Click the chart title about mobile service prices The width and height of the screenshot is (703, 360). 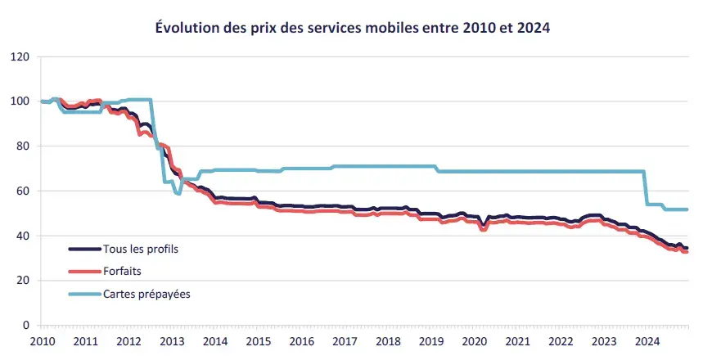click(x=352, y=27)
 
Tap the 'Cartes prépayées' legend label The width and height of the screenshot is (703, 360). click(x=146, y=293)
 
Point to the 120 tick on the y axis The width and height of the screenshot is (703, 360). click(x=20, y=57)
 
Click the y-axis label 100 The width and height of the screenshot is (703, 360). click(x=20, y=101)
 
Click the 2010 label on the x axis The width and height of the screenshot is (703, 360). click(x=42, y=340)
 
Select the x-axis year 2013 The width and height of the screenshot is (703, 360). click(x=171, y=340)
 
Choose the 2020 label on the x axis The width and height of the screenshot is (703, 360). click(x=474, y=340)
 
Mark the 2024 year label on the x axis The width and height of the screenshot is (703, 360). click(x=647, y=340)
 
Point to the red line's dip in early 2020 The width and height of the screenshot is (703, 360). click(x=484, y=229)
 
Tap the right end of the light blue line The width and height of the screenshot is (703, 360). click(x=687, y=209)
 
